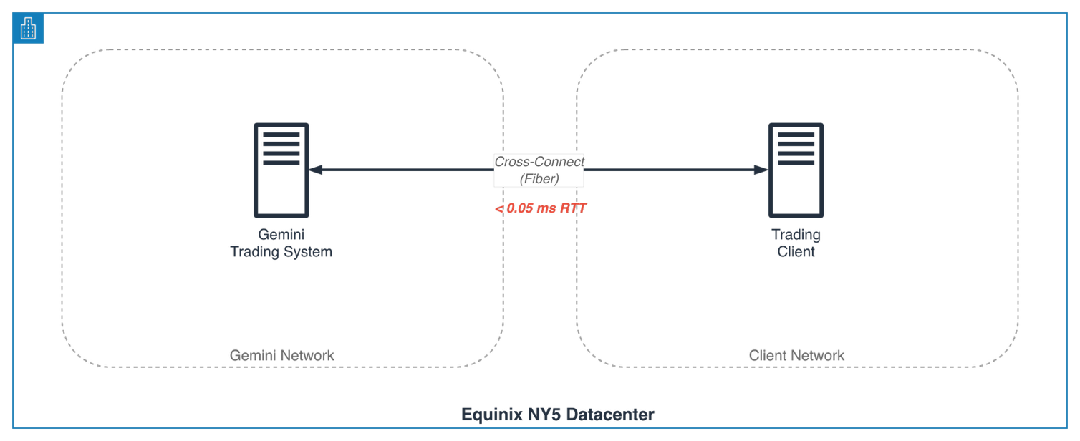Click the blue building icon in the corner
click(x=28, y=29)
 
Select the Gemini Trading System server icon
click(x=281, y=170)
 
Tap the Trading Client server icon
click(x=796, y=170)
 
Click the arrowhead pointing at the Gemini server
click(x=315, y=170)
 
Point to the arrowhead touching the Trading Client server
click(x=761, y=170)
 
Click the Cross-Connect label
click(x=539, y=162)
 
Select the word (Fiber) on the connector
click(x=539, y=179)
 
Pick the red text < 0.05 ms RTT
click(x=541, y=208)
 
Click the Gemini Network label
click(x=281, y=355)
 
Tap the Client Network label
click(x=796, y=355)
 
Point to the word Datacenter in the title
click(x=610, y=415)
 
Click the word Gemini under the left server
click(x=281, y=234)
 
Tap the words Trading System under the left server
click(x=281, y=251)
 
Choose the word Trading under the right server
click(x=796, y=235)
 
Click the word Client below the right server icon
click(x=796, y=251)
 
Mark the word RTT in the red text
click(x=573, y=208)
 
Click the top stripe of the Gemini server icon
click(x=281, y=135)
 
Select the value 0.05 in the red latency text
click(x=520, y=208)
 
